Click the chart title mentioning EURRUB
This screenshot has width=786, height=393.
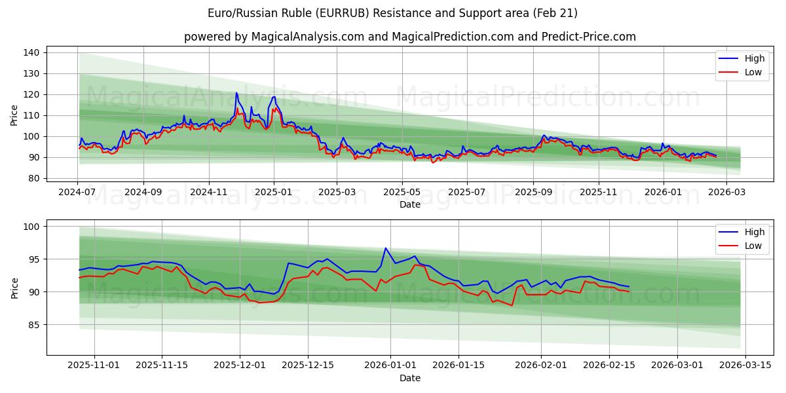point(392,13)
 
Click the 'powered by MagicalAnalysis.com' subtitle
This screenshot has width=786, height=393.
point(409,37)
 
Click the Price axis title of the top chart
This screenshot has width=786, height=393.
point(14,115)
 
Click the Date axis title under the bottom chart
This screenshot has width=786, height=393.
point(409,378)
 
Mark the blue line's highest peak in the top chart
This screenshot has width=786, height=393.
point(236,92)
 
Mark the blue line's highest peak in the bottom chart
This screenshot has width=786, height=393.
point(386,248)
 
